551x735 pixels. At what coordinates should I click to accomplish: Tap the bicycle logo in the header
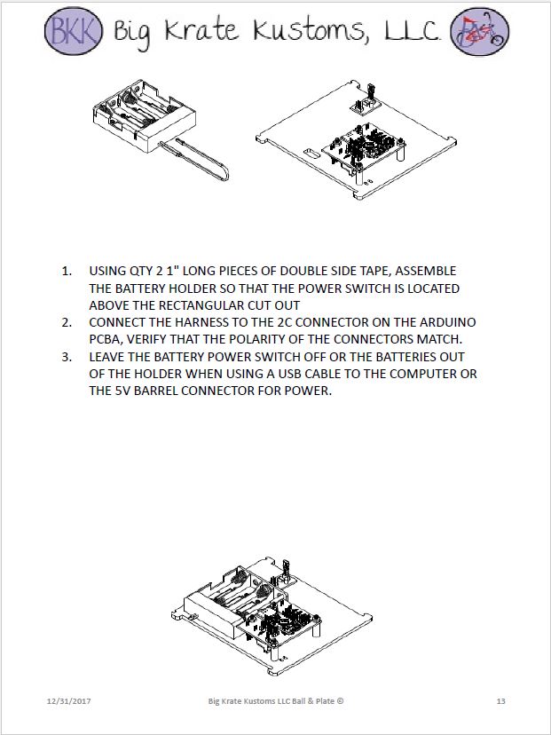pyautogui.click(x=480, y=33)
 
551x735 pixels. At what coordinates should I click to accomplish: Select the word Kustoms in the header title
pyautogui.click(x=306, y=33)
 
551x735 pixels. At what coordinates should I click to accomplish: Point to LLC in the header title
pyautogui.click(x=408, y=32)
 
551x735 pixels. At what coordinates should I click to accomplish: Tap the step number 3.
pyautogui.click(x=67, y=357)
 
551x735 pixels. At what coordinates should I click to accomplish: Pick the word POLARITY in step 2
pyautogui.click(x=272, y=339)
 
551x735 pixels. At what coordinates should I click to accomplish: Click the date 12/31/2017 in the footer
pyautogui.click(x=69, y=701)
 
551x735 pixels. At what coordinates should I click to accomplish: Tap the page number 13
pyautogui.click(x=500, y=701)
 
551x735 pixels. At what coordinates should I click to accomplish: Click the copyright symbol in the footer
pyautogui.click(x=340, y=701)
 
